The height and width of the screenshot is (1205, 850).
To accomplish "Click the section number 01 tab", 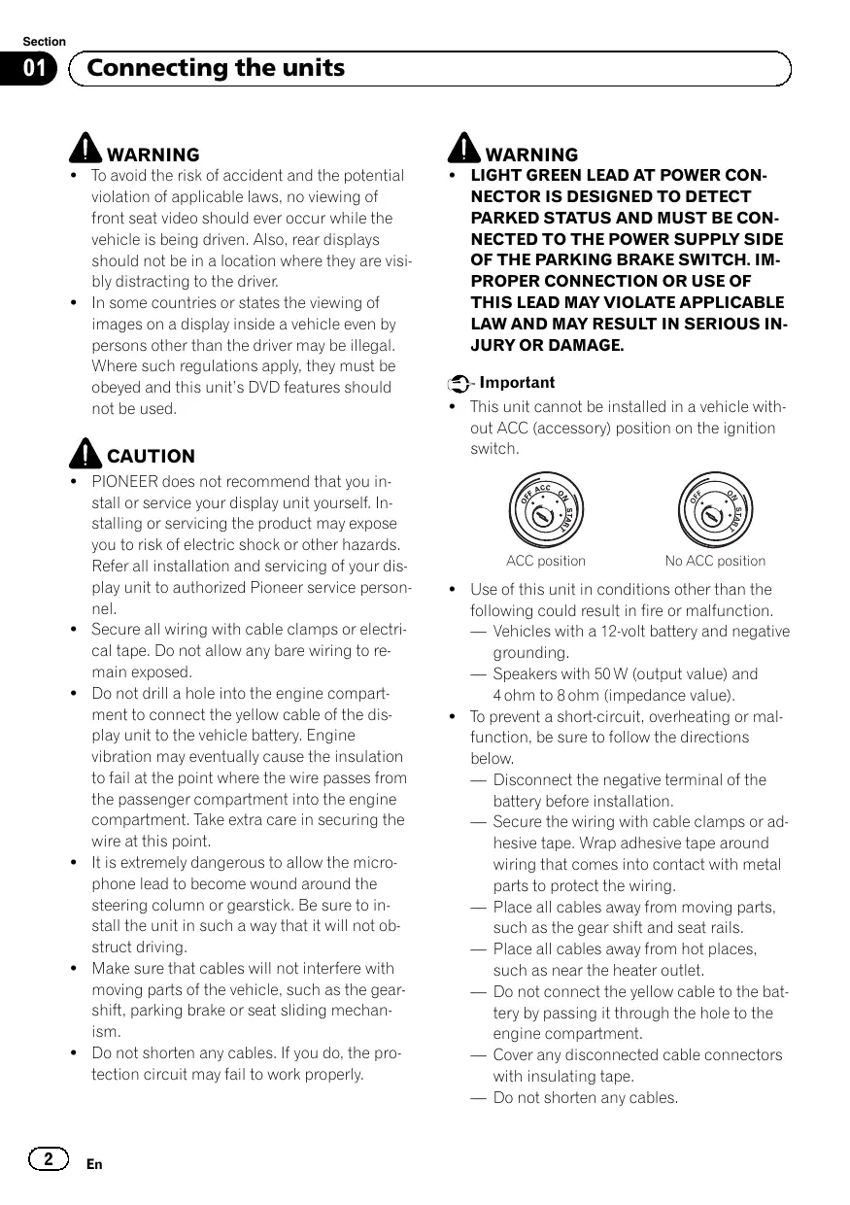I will (35, 68).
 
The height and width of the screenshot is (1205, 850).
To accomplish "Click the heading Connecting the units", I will (215, 68).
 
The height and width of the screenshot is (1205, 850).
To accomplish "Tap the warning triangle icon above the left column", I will (85, 149).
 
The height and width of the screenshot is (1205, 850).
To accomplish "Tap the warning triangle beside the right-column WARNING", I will (464, 149).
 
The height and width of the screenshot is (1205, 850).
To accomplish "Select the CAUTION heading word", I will (151, 456).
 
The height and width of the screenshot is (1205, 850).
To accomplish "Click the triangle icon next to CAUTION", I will (85, 452).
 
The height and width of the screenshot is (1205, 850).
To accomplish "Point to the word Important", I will (518, 383).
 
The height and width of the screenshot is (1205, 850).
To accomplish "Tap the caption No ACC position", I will (715, 561).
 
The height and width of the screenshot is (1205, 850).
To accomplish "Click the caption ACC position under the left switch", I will (546, 561).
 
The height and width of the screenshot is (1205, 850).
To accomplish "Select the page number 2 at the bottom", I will (48, 1159).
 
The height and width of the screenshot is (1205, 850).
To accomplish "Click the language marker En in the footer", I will (94, 1164).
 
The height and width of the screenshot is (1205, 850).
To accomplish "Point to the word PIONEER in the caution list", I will (123, 481).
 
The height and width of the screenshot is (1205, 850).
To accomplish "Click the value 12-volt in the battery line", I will (604, 632).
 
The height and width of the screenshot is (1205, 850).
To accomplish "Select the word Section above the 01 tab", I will (44, 42).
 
